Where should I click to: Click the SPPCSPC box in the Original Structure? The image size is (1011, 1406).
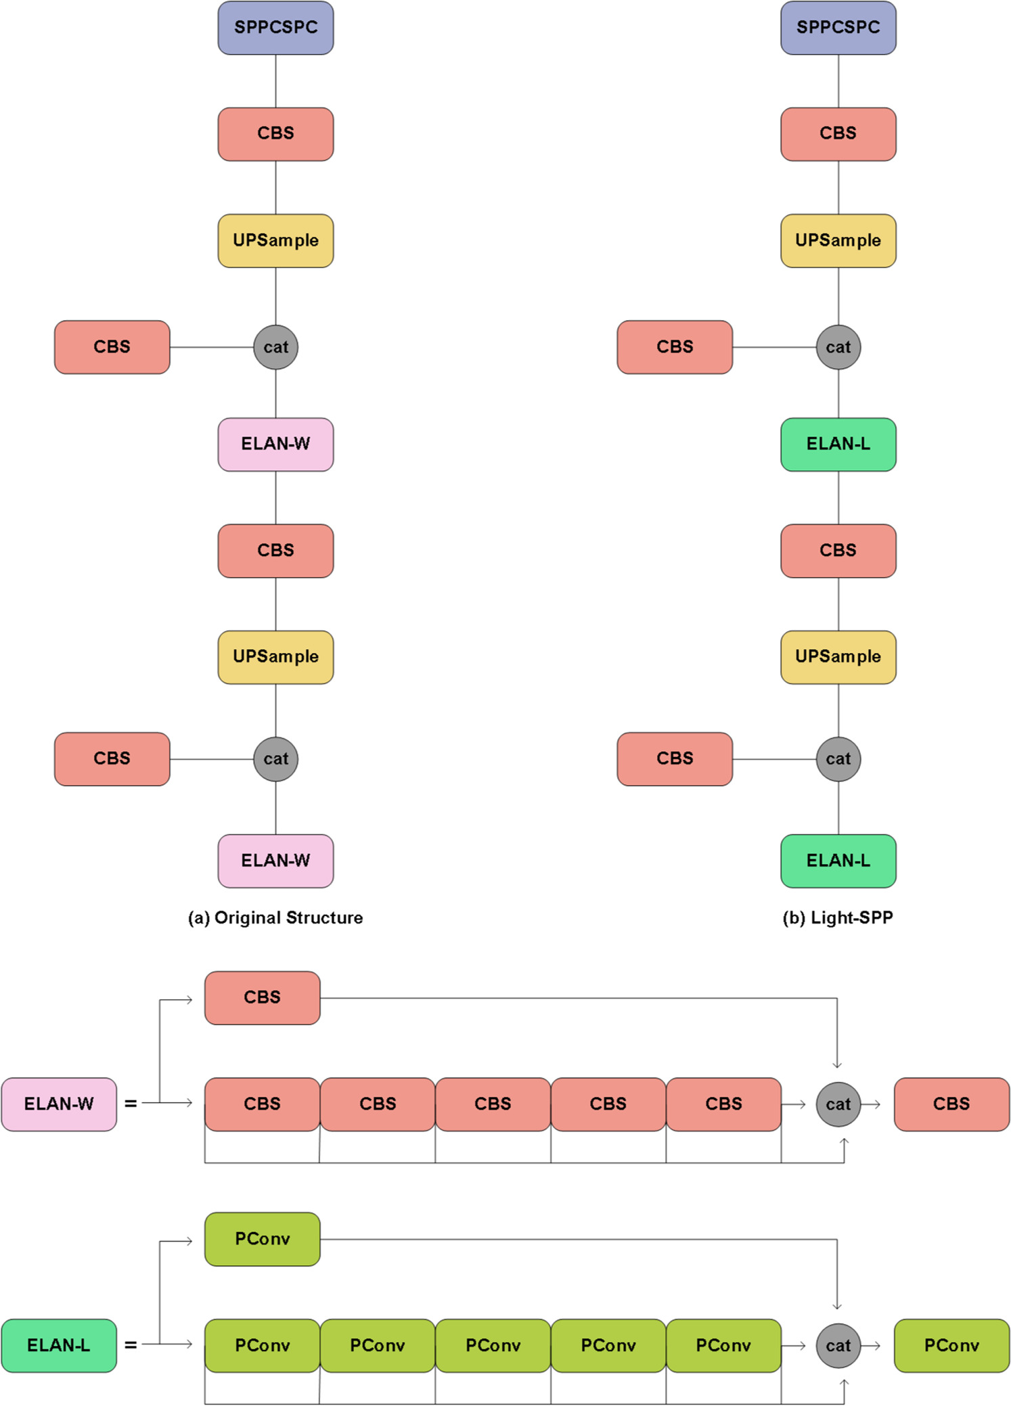(275, 28)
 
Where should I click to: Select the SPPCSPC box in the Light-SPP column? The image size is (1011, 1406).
(838, 28)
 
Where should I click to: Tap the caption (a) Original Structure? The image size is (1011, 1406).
(275, 917)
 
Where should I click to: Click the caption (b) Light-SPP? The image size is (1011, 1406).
(838, 917)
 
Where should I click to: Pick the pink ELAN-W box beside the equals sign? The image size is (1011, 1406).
(59, 1104)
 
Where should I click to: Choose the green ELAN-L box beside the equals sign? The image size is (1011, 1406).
(59, 1345)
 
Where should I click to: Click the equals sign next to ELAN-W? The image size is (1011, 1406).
(131, 1104)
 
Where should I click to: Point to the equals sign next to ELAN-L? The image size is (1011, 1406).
(131, 1345)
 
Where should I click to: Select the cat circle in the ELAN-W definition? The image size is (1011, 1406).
(838, 1104)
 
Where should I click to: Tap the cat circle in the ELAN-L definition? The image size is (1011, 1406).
(838, 1345)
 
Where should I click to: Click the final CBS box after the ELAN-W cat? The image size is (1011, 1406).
(951, 1104)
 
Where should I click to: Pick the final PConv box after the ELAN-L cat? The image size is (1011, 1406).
(951, 1345)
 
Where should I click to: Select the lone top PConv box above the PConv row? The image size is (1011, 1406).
(263, 1239)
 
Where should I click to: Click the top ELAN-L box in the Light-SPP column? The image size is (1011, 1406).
(838, 445)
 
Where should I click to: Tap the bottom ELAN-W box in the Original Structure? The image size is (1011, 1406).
(275, 861)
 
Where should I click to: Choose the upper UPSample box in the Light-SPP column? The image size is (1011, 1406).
(838, 241)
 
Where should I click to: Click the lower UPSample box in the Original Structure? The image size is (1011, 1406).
(275, 657)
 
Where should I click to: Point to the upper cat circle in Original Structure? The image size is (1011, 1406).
(275, 347)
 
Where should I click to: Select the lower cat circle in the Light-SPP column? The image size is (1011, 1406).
(838, 759)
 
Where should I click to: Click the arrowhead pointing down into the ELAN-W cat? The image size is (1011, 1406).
(837, 1065)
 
